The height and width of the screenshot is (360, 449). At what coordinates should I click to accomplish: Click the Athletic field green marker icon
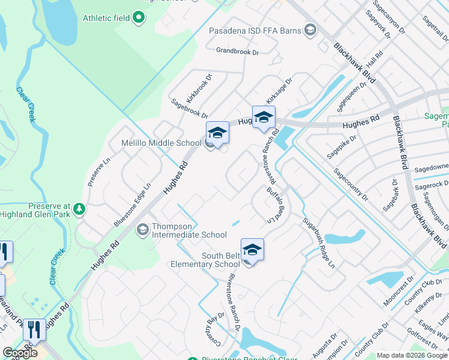139,17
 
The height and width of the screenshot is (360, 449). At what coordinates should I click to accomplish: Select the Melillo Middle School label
152,143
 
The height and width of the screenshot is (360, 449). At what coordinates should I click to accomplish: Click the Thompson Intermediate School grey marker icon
143,229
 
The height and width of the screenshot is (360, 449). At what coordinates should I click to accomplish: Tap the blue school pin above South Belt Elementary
252,250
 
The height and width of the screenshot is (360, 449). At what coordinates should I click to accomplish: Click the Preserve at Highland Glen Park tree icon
79,209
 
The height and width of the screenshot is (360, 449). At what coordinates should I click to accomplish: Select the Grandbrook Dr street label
237,52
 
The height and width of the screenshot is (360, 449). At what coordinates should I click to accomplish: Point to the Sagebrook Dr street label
189,108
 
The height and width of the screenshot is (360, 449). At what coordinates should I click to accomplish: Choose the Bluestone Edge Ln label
132,205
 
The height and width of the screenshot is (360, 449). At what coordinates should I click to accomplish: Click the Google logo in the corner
20,353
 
